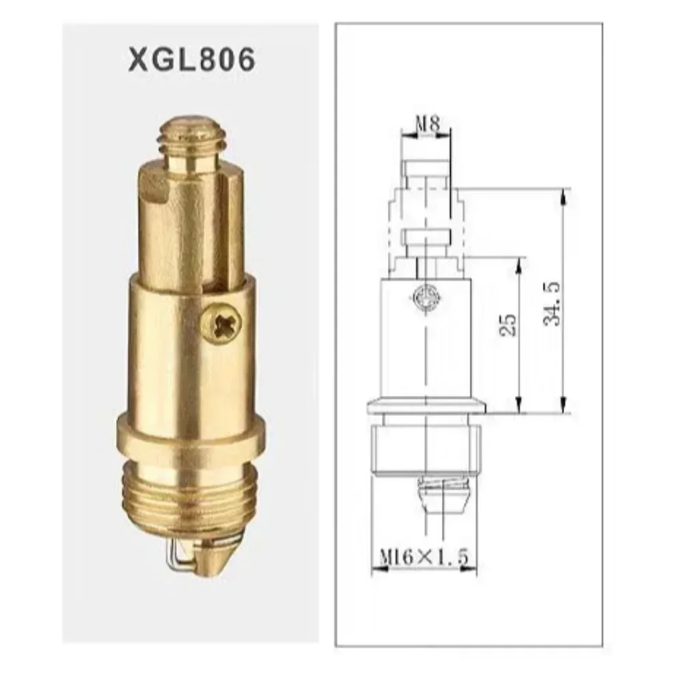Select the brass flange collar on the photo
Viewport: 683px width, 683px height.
point(191,434)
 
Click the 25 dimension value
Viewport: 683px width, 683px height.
point(508,325)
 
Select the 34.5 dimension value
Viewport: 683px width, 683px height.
point(551,304)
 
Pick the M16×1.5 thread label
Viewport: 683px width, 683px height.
point(423,557)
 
